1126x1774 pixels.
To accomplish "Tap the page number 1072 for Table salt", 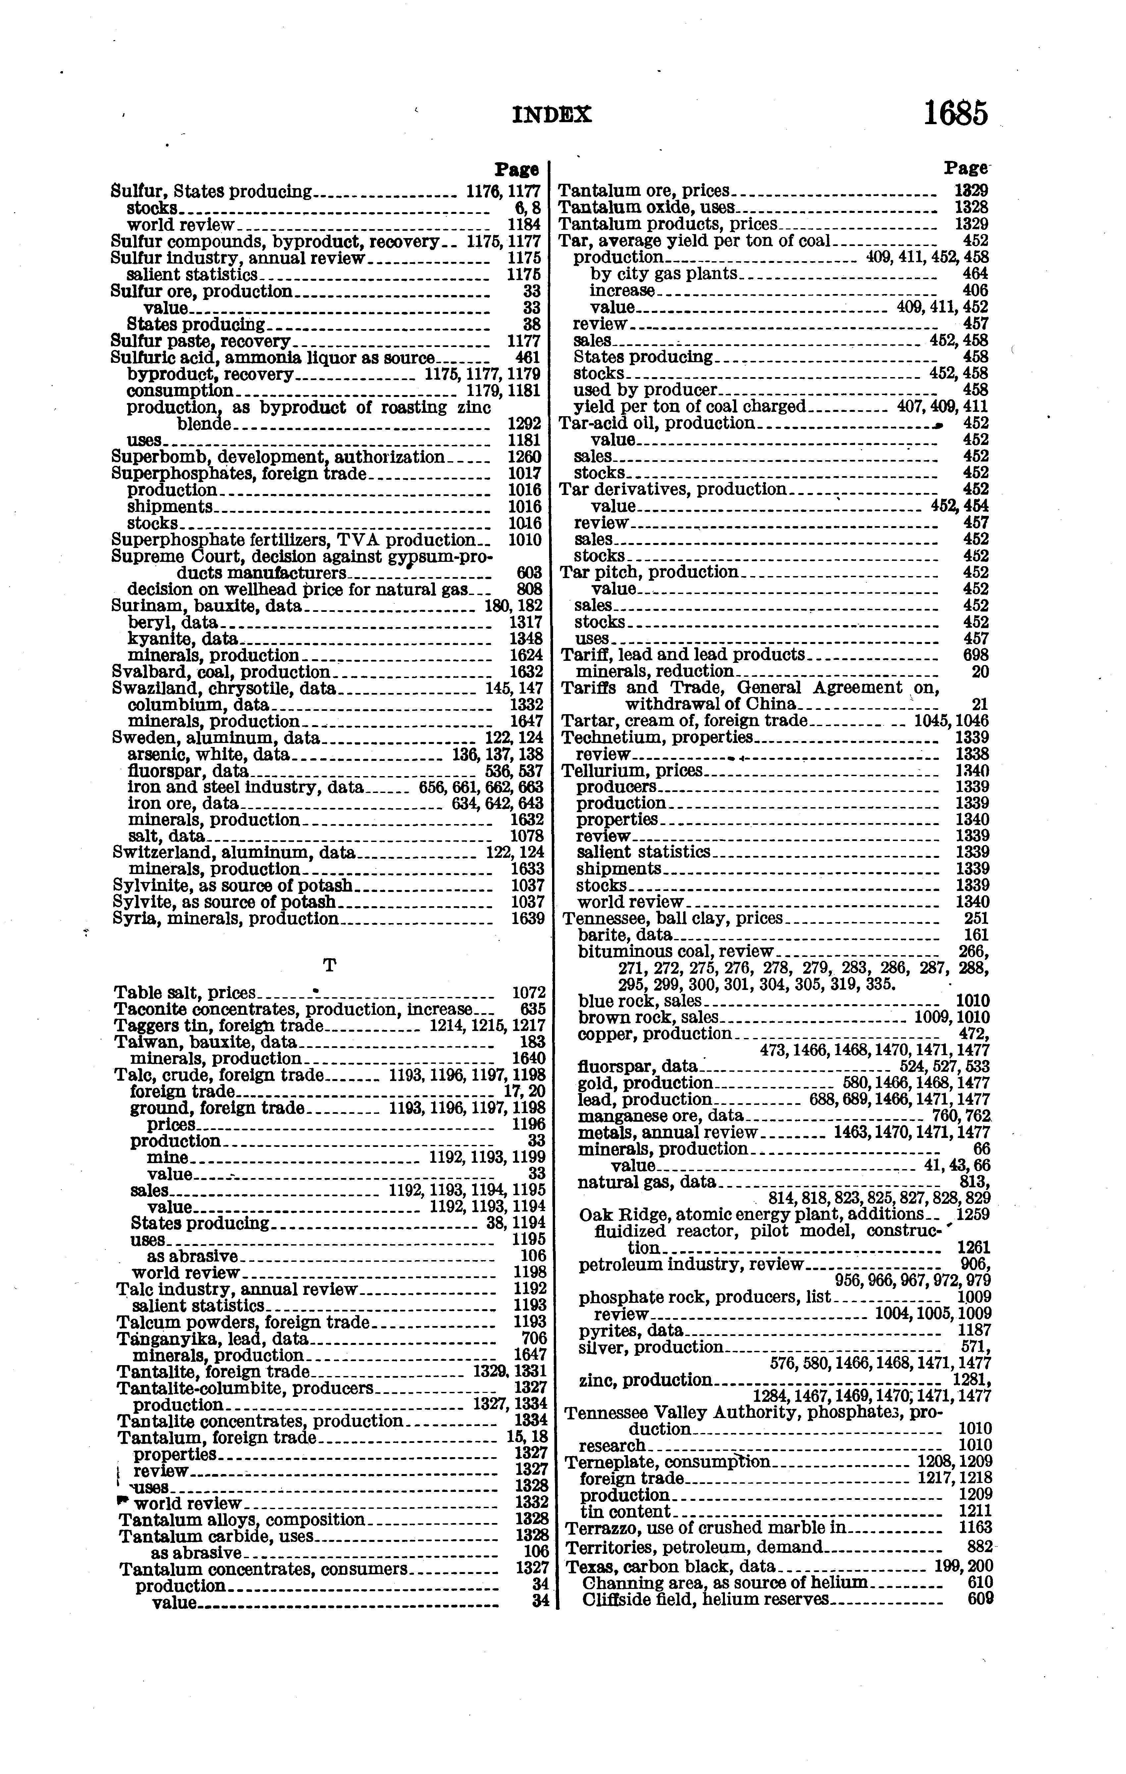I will point(528,993).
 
